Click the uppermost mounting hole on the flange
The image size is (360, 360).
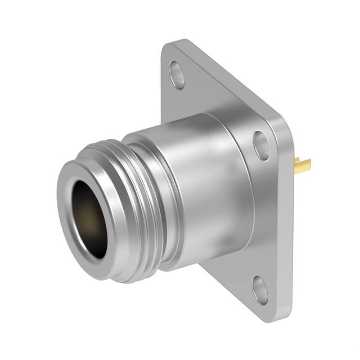(x=177, y=75)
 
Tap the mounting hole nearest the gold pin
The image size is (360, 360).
(x=262, y=145)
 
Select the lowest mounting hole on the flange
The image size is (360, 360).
(x=260, y=290)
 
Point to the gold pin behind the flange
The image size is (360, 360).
(x=302, y=165)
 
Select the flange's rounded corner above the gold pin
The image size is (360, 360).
(x=287, y=121)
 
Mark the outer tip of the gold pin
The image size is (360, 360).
(x=309, y=165)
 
